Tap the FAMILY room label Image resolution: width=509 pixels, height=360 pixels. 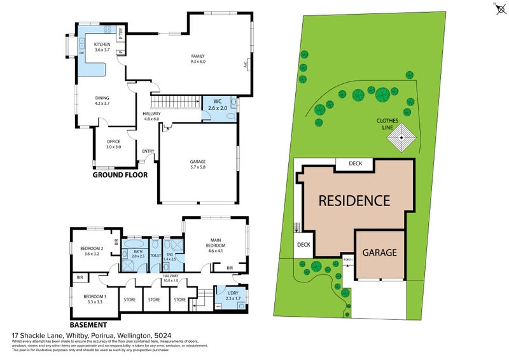[x=198, y=59]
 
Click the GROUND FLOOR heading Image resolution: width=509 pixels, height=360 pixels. [x=120, y=175]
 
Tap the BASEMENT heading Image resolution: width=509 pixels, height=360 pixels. [x=88, y=323]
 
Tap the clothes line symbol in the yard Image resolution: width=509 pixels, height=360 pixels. [x=402, y=139]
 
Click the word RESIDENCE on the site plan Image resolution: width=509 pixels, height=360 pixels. [x=354, y=201]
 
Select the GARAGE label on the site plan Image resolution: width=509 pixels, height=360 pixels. [x=379, y=253]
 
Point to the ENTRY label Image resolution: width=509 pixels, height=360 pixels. [x=148, y=151]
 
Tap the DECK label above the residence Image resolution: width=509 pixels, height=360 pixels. [x=354, y=163]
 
